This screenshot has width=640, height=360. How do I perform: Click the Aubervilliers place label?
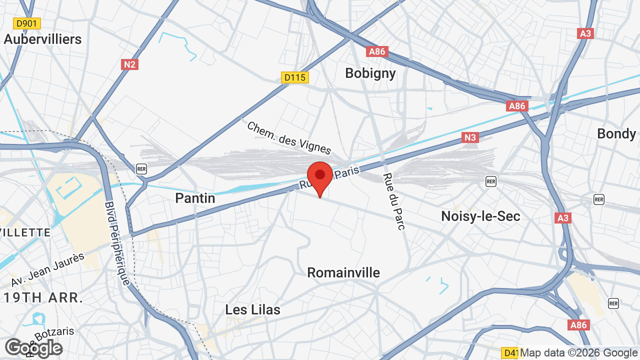pos(42,39)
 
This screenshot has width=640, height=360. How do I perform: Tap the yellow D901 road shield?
pos(27,23)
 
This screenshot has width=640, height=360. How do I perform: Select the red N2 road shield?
pos(129,64)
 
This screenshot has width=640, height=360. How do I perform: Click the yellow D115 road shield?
pos(295,77)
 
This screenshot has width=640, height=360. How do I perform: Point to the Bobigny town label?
pos(370,73)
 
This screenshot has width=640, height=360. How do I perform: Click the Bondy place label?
pos(616,134)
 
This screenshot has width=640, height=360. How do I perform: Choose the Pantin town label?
pos(195,198)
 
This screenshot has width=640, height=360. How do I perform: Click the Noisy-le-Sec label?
pos(480,216)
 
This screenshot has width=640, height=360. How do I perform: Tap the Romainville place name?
pos(343,272)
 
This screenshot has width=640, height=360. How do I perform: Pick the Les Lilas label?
pos(252,309)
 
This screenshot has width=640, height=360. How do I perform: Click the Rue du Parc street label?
pos(394,201)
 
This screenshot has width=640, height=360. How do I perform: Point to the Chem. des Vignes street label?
pos(289,138)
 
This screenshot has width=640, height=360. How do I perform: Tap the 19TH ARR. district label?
pos(43,298)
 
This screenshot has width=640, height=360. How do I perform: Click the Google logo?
pos(33,348)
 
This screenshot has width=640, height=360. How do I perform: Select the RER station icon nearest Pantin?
pos(141,169)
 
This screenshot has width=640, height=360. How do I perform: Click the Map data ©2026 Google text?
pos(579,353)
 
